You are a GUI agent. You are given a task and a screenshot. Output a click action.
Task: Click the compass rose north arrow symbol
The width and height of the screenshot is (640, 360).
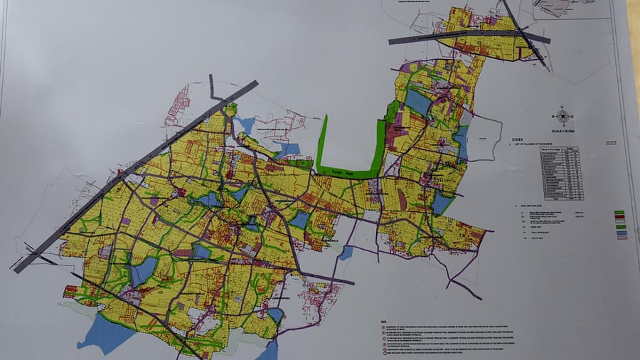pyautogui.click(x=564, y=115)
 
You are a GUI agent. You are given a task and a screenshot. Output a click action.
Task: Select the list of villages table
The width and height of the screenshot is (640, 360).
pyautogui.click(x=561, y=174)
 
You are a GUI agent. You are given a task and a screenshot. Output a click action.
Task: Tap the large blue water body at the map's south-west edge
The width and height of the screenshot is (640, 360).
pyautogui.click(x=106, y=333)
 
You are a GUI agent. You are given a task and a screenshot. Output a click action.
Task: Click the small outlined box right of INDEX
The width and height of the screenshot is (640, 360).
pyautogui.click(x=555, y=141)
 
